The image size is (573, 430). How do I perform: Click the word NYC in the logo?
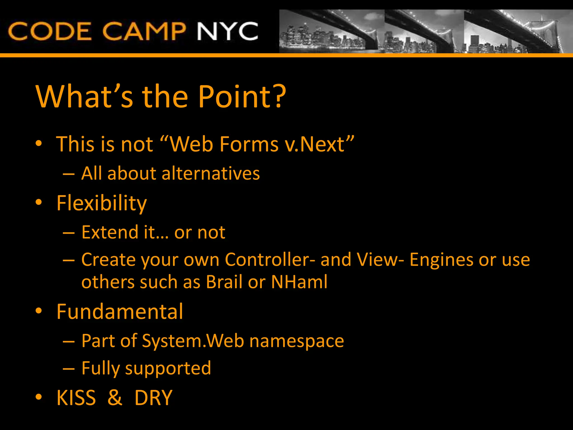coord(227,31)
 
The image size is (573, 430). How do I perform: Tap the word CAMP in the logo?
coord(144,31)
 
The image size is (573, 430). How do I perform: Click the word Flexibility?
coord(102,203)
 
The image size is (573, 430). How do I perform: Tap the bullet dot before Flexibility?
coord(39,202)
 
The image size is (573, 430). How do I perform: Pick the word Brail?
coord(224,282)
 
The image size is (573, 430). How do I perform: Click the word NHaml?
coord(299,282)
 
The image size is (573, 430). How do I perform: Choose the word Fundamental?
coord(120,312)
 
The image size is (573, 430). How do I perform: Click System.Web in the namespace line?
coord(193,341)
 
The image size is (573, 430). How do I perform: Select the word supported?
coord(168,368)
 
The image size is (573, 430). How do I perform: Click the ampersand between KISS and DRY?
coord(115,398)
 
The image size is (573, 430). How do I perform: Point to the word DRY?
coord(153,398)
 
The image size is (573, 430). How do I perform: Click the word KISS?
coord(76,398)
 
